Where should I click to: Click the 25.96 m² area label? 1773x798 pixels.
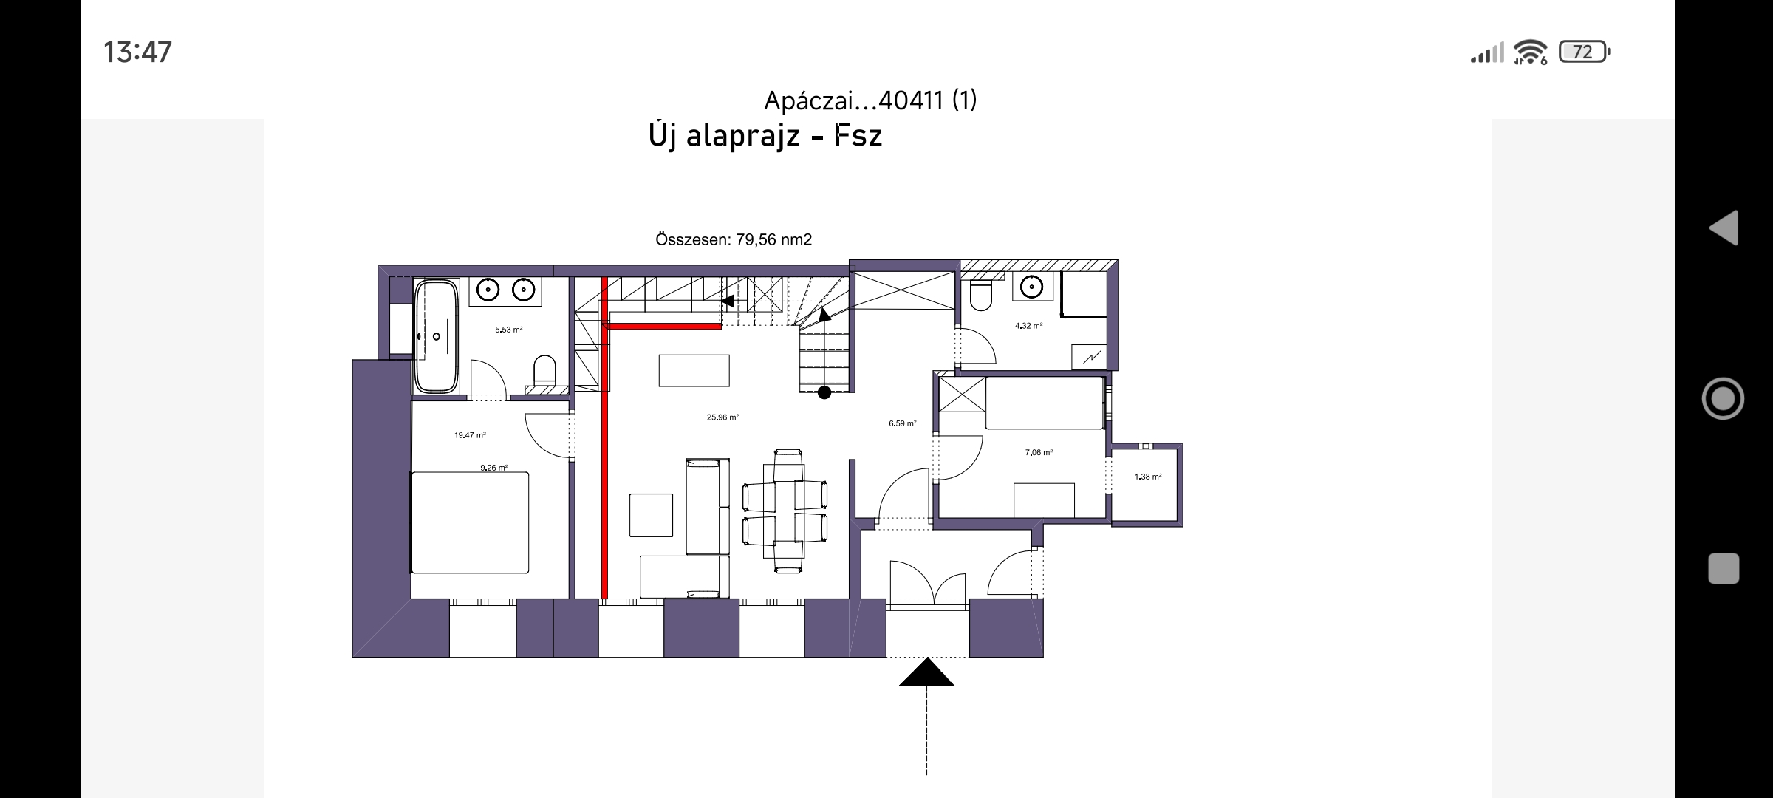tap(722, 417)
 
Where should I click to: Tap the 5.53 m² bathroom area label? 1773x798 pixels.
tap(509, 330)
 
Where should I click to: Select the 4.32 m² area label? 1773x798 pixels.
tap(1028, 326)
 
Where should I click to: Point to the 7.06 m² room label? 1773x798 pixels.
tap(1039, 453)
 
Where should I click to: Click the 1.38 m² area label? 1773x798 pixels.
tap(1148, 477)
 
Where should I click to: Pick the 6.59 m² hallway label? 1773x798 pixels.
tap(903, 424)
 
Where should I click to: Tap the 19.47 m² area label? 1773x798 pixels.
tap(470, 436)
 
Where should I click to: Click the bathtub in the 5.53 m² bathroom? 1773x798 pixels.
tap(436, 336)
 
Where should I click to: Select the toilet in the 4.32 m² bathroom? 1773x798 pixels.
tap(980, 295)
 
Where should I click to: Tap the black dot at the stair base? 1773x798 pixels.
tap(824, 393)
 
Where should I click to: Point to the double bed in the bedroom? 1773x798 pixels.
tap(470, 522)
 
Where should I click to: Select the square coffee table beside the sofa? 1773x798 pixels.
tap(652, 515)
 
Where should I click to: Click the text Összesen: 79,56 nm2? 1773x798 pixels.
tap(734, 239)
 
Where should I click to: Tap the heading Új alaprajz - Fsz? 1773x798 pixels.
tap(765, 136)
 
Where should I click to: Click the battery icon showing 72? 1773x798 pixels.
tap(1585, 52)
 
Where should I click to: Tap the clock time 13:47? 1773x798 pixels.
tap(137, 52)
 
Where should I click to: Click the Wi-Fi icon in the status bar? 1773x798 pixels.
tap(1530, 52)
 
